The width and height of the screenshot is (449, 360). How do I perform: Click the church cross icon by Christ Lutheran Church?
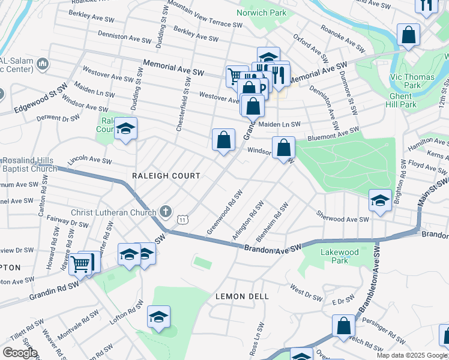[166, 211]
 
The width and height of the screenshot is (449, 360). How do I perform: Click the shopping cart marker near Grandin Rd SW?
[80, 263]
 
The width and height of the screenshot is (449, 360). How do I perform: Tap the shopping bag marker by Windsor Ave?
[283, 148]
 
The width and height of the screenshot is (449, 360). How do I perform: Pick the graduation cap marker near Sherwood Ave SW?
[380, 201]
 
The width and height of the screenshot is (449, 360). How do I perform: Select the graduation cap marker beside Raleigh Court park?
[125, 128]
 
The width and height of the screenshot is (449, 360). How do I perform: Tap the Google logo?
[20, 353]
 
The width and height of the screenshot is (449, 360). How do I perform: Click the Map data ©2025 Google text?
[412, 355]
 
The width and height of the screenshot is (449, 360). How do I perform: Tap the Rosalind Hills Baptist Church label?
[28, 166]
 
